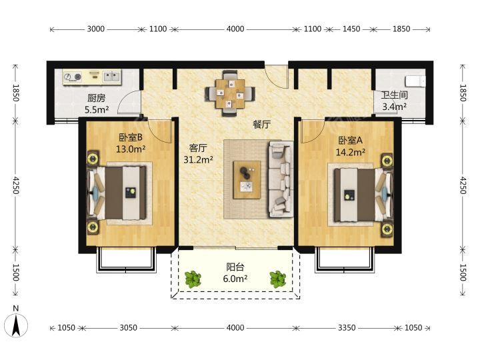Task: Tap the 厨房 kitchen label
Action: click(x=96, y=98)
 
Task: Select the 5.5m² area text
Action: click(x=97, y=109)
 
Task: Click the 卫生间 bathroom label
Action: click(x=394, y=95)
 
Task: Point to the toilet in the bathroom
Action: click(x=415, y=82)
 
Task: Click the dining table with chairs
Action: click(x=230, y=93)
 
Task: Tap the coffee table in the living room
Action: click(x=247, y=180)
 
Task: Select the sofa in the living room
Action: click(x=279, y=179)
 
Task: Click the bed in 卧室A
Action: click(x=363, y=195)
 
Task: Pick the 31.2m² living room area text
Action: click(x=198, y=159)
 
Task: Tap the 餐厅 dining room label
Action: click(x=262, y=125)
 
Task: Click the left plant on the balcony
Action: click(x=193, y=279)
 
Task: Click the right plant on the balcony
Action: click(x=277, y=279)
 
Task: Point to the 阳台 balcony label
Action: click(x=235, y=267)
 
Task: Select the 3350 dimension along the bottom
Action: click(x=347, y=328)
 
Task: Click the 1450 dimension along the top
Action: click(x=351, y=29)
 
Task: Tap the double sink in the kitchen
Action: click(x=111, y=76)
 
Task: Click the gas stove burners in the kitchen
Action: click(x=73, y=77)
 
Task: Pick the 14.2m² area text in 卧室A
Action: click(x=350, y=152)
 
